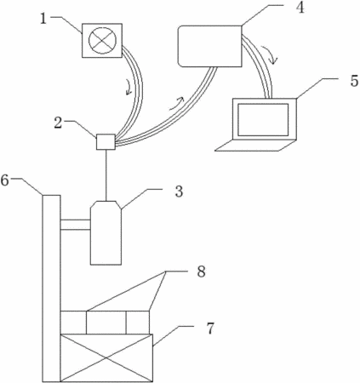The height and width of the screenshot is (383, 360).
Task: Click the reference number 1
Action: pos(43,19)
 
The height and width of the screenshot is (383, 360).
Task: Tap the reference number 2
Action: pos(58,123)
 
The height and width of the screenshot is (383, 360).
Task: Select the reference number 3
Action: pos(179,191)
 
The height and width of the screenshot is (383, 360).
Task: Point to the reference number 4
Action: pos(300,8)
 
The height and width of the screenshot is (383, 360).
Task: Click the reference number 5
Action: pos(354,81)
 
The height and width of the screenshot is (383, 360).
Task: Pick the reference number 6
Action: pos(5,180)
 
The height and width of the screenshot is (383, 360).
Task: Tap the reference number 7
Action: pos(209,329)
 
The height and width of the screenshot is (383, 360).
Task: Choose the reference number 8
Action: pos(201,272)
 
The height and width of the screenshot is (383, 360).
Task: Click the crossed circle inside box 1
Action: pos(102,40)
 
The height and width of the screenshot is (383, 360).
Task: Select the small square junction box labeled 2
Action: pos(106,141)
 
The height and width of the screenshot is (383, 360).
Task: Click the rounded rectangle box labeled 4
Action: pos(209,46)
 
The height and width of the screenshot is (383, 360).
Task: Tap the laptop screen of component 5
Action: pos(263,119)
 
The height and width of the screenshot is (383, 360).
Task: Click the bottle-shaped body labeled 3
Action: pos(106,232)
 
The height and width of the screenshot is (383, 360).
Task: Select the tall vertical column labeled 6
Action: pos(51,288)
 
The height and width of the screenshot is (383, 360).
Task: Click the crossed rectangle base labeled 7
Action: pos(106,358)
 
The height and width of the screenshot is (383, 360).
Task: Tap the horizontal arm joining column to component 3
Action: pos(76,225)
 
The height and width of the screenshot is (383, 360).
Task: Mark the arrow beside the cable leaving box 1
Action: pos(129,87)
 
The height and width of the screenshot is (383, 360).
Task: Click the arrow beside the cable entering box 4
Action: pos(177,103)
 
